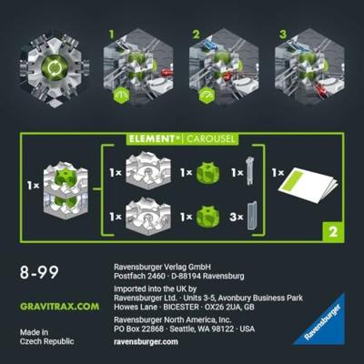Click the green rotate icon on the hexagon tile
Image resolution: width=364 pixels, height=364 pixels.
(x=55, y=68)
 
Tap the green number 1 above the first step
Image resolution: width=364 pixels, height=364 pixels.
(x=112, y=35)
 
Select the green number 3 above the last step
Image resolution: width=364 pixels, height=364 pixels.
(x=283, y=35)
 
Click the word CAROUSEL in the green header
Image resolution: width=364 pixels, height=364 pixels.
(x=210, y=139)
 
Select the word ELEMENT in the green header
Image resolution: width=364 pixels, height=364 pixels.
(x=152, y=139)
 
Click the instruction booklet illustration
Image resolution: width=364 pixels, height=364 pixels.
(x=308, y=185)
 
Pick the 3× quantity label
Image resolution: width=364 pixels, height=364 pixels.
(x=237, y=217)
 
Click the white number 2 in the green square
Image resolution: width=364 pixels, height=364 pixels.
(x=333, y=232)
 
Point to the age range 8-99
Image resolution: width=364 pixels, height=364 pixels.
(x=39, y=272)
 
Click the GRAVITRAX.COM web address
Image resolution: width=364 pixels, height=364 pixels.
(x=59, y=307)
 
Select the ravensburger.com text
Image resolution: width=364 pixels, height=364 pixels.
(x=146, y=341)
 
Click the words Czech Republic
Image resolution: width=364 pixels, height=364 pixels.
(x=46, y=341)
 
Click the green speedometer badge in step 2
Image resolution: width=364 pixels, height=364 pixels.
(x=207, y=96)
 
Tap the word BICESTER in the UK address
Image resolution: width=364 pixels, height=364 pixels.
(x=181, y=307)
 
